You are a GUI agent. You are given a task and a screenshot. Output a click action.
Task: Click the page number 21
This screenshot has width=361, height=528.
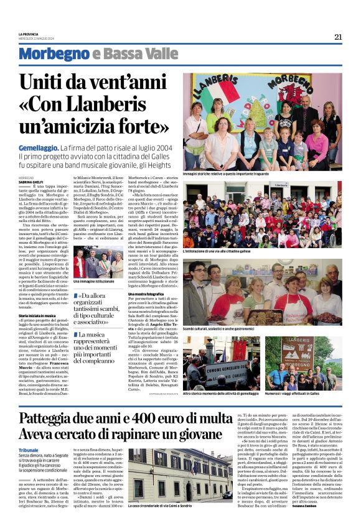[338, 37]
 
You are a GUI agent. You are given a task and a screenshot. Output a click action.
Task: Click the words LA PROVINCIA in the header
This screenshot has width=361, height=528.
[29, 34]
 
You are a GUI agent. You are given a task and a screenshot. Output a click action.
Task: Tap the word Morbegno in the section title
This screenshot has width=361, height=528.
[54, 54]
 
